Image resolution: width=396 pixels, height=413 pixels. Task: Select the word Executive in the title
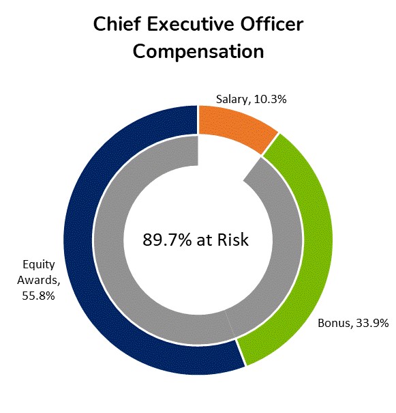(193, 25)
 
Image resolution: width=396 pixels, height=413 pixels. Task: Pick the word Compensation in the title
(198, 52)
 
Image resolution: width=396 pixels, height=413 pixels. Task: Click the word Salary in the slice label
(232, 100)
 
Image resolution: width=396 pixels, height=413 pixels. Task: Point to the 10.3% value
(269, 100)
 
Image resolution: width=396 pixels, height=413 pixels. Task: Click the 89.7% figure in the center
(164, 240)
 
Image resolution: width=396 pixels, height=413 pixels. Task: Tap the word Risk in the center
(233, 240)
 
